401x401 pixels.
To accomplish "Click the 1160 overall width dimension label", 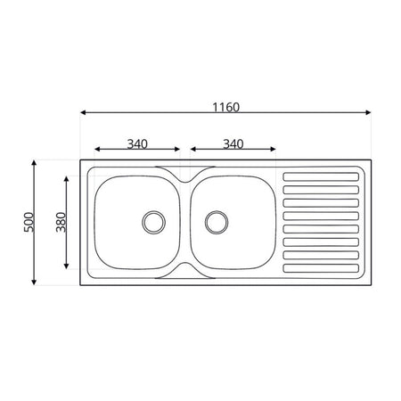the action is [225, 107].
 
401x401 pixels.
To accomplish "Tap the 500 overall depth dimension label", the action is [29, 222].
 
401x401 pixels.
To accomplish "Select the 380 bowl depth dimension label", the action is [61, 222].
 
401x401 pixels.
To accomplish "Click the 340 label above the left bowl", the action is [137, 144].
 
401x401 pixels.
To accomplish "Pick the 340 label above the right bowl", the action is [233, 144].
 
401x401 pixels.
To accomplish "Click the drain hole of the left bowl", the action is [154, 222].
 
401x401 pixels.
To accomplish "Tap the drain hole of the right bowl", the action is [217, 222].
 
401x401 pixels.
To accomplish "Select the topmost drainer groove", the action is [321, 176].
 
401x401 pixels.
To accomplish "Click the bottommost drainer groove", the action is [321, 268].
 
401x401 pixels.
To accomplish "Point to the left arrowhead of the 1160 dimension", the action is [83, 112].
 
